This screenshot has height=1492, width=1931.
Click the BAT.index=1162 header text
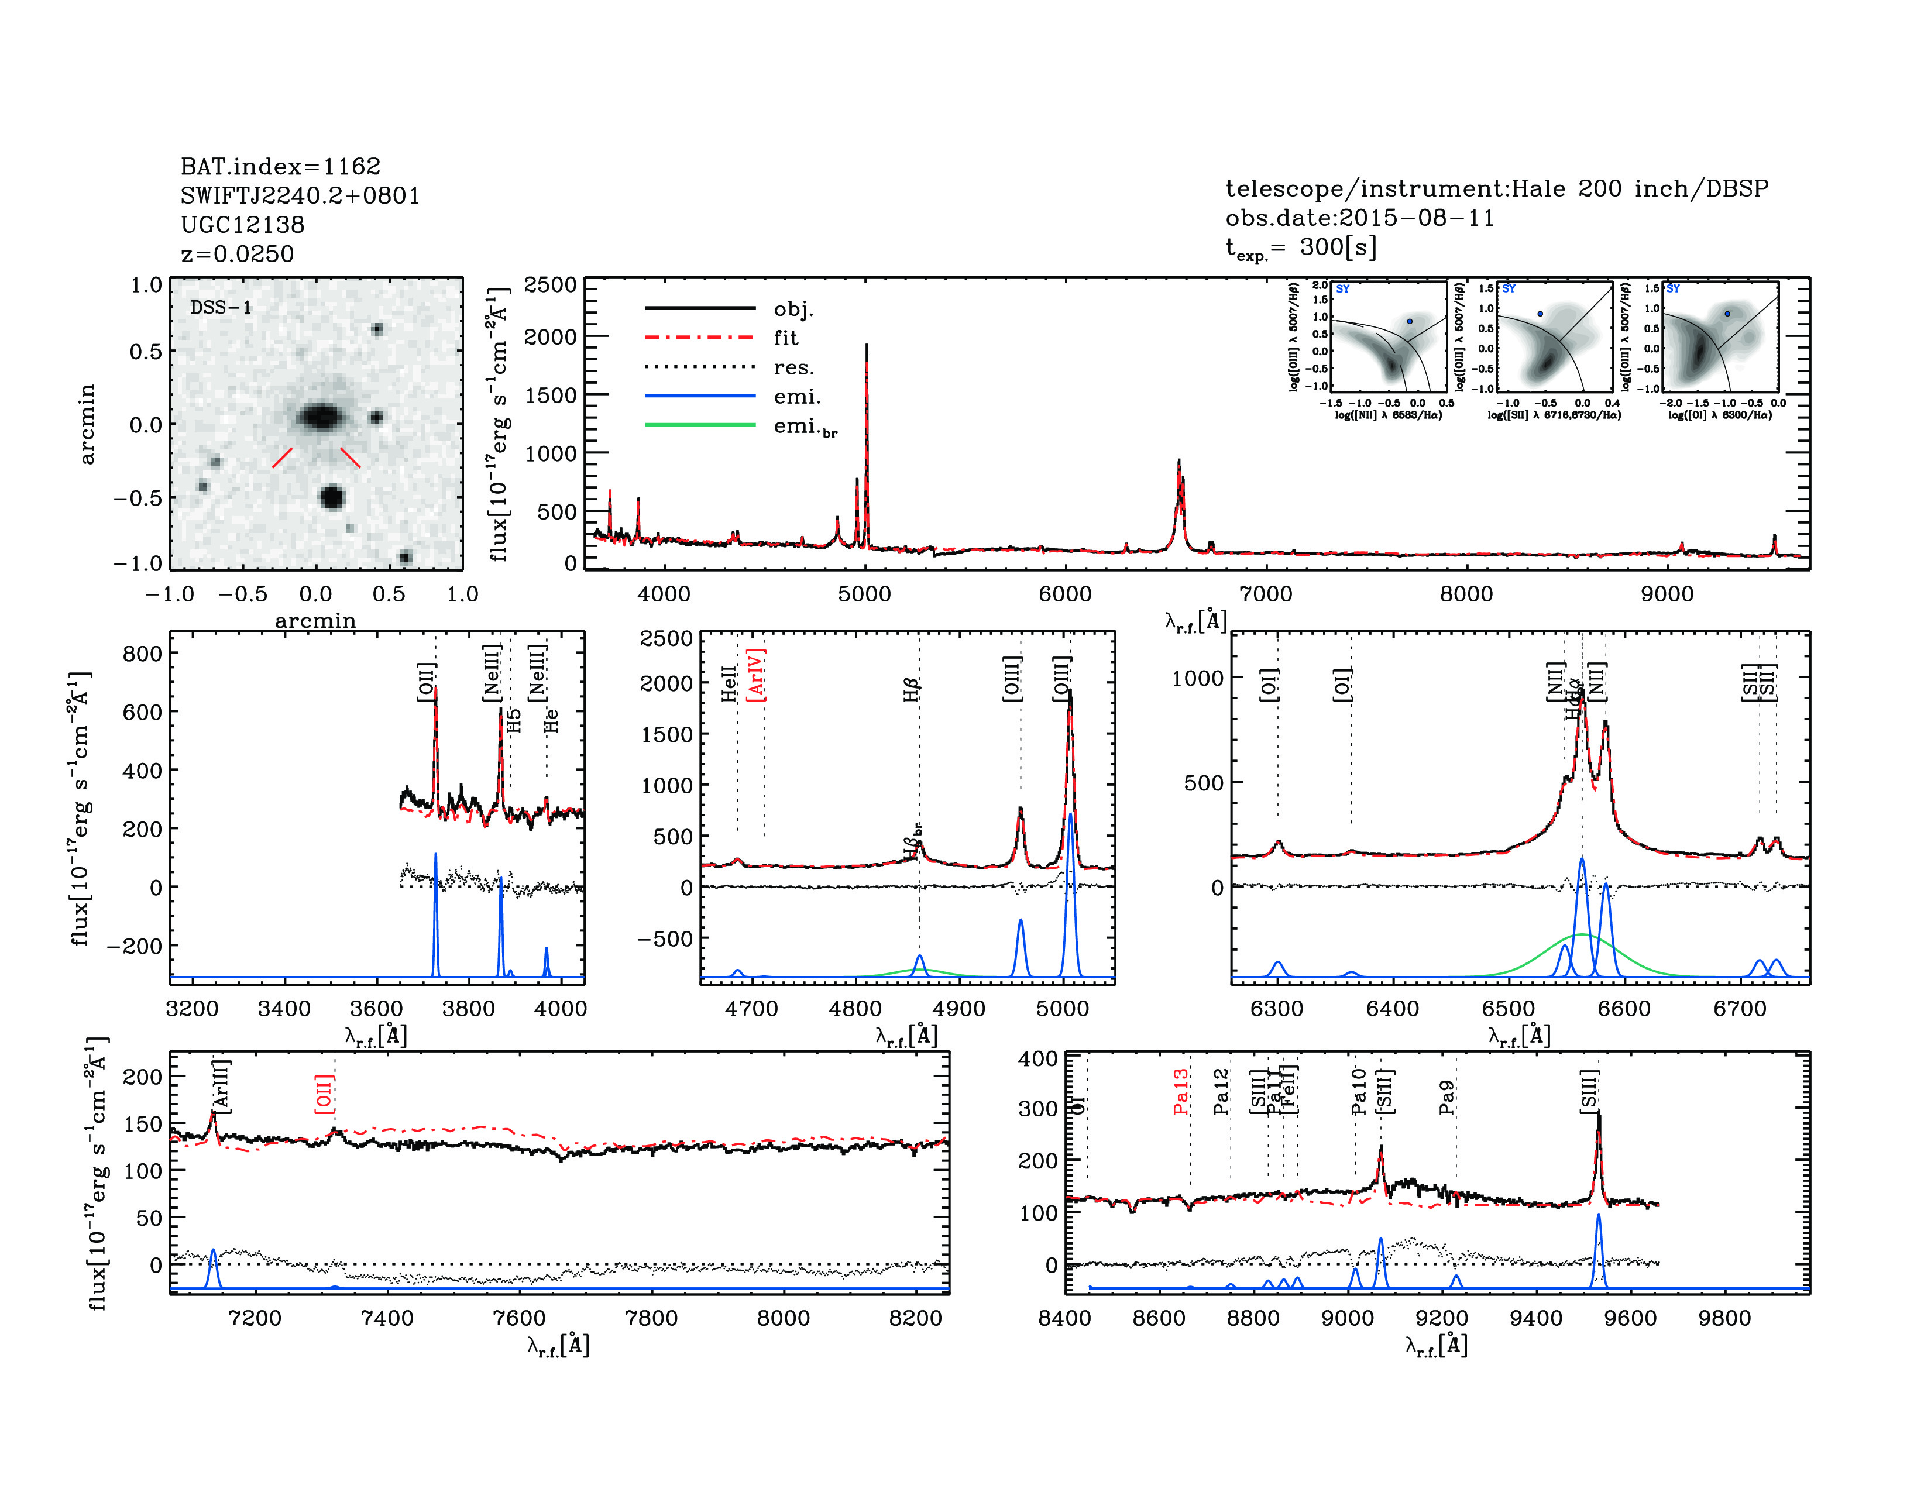click(x=280, y=166)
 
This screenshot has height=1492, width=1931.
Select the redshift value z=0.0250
click(x=237, y=254)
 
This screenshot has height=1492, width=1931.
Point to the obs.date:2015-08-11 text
click(x=1359, y=218)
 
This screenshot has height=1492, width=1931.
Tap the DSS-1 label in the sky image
click(x=221, y=308)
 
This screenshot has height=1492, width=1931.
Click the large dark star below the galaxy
click(x=332, y=497)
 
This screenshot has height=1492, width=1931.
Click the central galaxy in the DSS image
click(x=320, y=415)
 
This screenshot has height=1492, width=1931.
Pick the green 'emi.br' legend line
click(x=700, y=425)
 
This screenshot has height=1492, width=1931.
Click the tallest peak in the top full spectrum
click(x=867, y=346)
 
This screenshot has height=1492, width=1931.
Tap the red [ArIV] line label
click(x=756, y=675)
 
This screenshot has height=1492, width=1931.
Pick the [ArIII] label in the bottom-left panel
click(x=221, y=1085)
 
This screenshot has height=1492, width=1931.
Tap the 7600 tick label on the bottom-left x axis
click(x=519, y=1318)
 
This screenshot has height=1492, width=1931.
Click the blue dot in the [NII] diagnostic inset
click(x=1410, y=321)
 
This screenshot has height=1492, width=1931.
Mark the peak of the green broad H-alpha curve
click(x=1582, y=934)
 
